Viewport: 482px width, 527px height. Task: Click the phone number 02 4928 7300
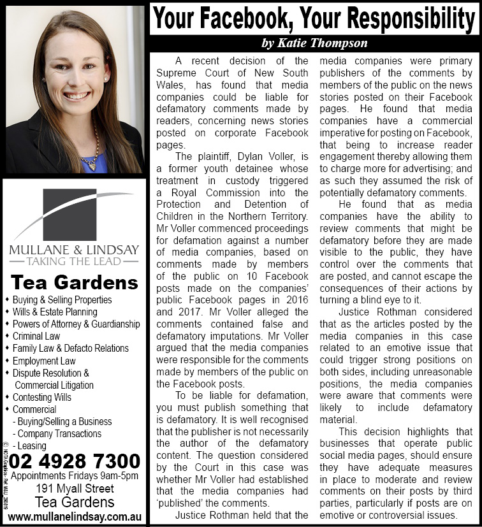point(75,460)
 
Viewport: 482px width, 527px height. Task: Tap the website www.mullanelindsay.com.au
point(74,516)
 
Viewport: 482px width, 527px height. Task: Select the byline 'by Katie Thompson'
point(314,43)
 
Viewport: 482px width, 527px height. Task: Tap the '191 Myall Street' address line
point(74,489)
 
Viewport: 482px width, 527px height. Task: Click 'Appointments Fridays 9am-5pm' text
point(75,475)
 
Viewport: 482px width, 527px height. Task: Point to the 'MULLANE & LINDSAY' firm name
point(73,249)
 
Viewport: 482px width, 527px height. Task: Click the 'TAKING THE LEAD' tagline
point(73,261)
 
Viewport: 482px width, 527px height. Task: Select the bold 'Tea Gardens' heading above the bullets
point(75,282)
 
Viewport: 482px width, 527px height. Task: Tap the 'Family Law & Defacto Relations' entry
point(71,349)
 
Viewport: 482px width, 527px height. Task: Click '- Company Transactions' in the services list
point(57,434)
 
